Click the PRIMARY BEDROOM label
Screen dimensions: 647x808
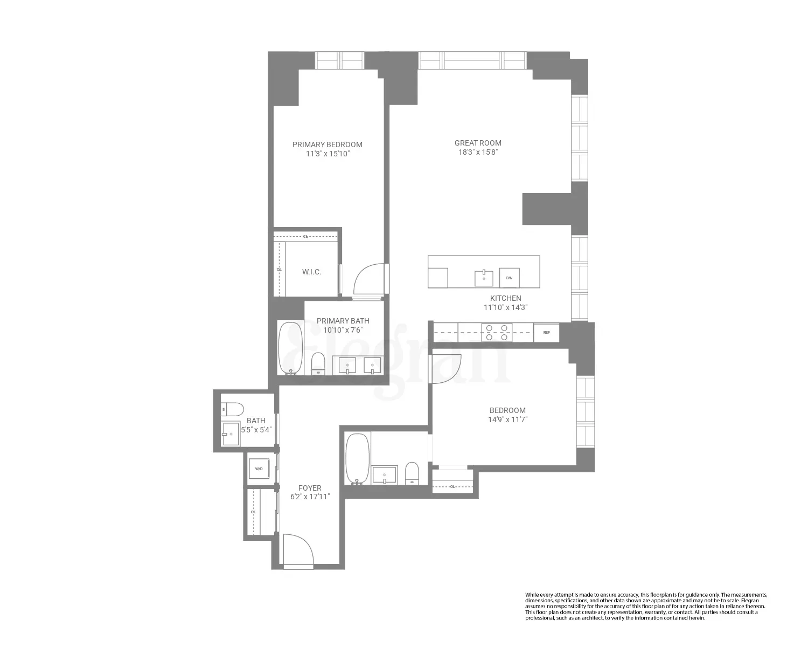click(x=327, y=144)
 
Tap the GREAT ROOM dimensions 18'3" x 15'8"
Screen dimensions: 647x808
click(x=478, y=152)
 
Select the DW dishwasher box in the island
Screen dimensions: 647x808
click(x=509, y=278)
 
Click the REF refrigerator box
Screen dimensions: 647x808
click(x=546, y=333)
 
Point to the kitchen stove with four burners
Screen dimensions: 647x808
click(x=496, y=332)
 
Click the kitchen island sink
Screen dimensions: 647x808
click(x=484, y=278)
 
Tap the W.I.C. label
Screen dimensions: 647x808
click(x=311, y=272)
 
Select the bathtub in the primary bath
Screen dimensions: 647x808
click(x=290, y=348)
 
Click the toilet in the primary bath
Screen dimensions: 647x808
click(x=318, y=363)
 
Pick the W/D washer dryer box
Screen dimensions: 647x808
click(x=259, y=469)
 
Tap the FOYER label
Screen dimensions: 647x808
click(x=310, y=488)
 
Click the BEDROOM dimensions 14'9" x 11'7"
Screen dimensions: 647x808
click(x=507, y=419)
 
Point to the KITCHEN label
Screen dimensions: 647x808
click(x=505, y=298)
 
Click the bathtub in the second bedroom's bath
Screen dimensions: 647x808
click(x=357, y=458)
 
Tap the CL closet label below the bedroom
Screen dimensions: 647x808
click(x=452, y=486)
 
